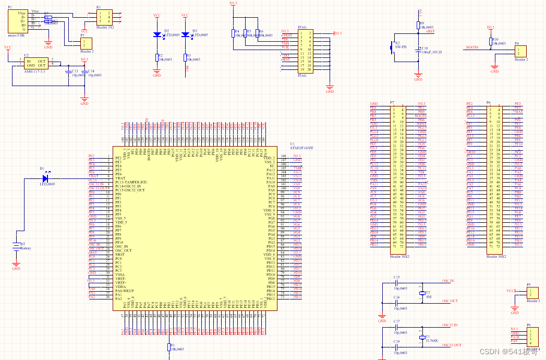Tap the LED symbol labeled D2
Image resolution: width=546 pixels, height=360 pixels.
coord(157,34)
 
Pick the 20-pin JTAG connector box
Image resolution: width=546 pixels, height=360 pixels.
coord(304,51)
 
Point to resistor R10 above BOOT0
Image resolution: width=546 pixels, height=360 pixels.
coord(490,42)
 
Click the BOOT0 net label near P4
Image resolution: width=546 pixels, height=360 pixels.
coord(472,47)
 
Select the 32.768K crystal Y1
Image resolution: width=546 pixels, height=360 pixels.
coord(422,338)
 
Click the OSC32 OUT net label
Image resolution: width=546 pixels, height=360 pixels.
coord(452,345)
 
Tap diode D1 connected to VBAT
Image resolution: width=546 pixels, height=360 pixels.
coord(45,178)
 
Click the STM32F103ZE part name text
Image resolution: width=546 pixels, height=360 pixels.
coord(303,148)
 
